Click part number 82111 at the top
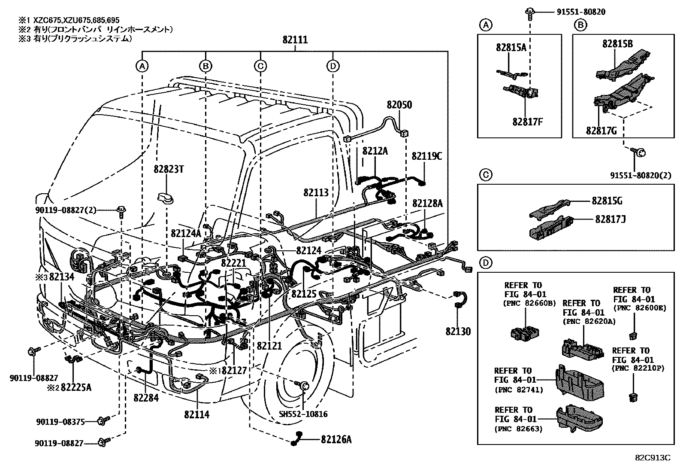pyautogui.click(x=295, y=40)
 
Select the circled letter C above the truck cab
pyautogui.click(x=260, y=66)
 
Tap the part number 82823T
pyautogui.click(x=169, y=169)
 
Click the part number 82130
pyautogui.click(x=458, y=332)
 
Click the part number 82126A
pyautogui.click(x=336, y=439)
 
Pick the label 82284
pyautogui.click(x=145, y=398)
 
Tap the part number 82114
pyautogui.click(x=197, y=415)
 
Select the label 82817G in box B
pyautogui.click(x=601, y=131)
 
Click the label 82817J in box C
pyautogui.click(x=610, y=219)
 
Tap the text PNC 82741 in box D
pyautogui.click(x=519, y=390)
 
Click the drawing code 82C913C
pyautogui.click(x=653, y=457)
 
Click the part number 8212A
pyautogui.click(x=375, y=151)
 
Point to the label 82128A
pyautogui.click(x=427, y=203)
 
